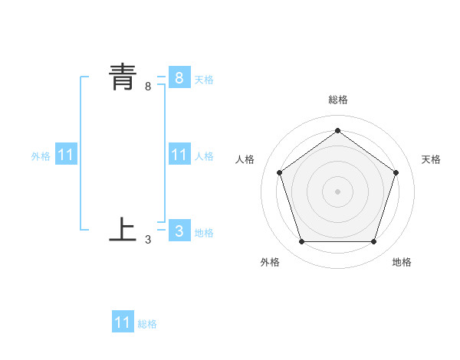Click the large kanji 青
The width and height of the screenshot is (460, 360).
tap(123, 77)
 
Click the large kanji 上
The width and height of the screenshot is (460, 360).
tap(123, 229)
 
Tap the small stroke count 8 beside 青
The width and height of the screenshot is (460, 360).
tap(148, 87)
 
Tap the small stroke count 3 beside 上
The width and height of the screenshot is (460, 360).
tap(148, 240)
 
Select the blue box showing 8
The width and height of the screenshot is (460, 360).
tap(179, 77)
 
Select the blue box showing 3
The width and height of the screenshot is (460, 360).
tap(179, 231)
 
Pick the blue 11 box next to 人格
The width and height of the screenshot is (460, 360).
tap(179, 155)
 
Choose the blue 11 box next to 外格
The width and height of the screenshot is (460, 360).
tap(65, 155)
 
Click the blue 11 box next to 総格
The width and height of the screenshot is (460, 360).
tap(123, 322)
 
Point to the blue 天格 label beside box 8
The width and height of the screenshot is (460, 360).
tap(204, 79)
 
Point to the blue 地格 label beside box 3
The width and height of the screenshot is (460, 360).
tap(204, 233)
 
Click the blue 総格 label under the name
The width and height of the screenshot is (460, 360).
tap(147, 324)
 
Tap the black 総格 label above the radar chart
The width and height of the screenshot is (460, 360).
tap(337, 100)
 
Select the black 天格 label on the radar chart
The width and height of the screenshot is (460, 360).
tap(431, 159)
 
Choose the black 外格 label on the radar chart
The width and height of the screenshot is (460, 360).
tap(270, 262)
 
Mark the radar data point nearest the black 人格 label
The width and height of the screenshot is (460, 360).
tap(279, 172)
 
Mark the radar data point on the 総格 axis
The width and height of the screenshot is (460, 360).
tap(337, 130)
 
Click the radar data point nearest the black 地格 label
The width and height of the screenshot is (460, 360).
tap(373, 242)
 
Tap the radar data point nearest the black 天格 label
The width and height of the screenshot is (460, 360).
tap(396, 172)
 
